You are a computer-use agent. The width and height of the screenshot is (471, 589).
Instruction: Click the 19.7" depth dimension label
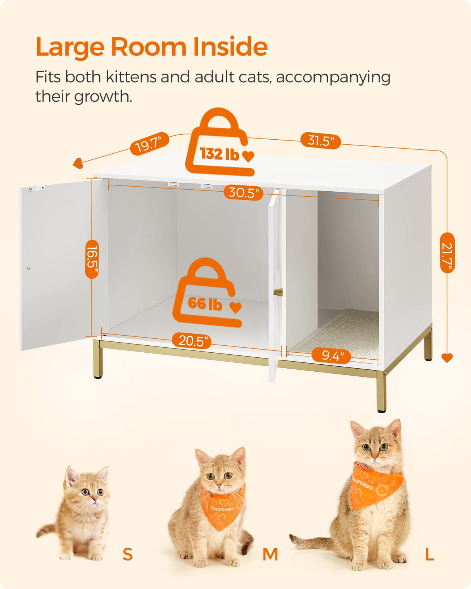[149, 144]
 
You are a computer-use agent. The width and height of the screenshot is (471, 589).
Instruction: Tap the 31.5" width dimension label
[320, 140]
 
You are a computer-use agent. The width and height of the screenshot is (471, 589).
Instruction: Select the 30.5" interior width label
[243, 192]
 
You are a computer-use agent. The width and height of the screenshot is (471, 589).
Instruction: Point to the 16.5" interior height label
[92, 259]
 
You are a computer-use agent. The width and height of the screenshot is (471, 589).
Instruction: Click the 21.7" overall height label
[447, 253]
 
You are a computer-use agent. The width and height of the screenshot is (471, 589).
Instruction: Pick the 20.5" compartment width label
[192, 341]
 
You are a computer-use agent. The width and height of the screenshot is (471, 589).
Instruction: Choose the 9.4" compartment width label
[331, 355]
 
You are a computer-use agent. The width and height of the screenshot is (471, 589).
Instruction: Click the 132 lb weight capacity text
[220, 154]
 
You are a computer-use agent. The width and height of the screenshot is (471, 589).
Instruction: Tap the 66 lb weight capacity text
[205, 303]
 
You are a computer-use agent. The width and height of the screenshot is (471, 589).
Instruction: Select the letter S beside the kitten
[128, 554]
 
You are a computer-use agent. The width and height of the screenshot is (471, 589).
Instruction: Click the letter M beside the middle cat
[270, 554]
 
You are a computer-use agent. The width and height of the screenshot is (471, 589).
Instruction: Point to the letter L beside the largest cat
[429, 554]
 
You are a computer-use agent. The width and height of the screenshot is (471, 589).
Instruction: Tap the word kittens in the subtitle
[132, 77]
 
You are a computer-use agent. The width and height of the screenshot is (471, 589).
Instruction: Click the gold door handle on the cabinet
[278, 292]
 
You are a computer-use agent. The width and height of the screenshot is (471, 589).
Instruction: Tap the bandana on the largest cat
[374, 485]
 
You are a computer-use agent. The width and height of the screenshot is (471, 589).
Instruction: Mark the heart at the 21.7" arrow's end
[447, 358]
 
